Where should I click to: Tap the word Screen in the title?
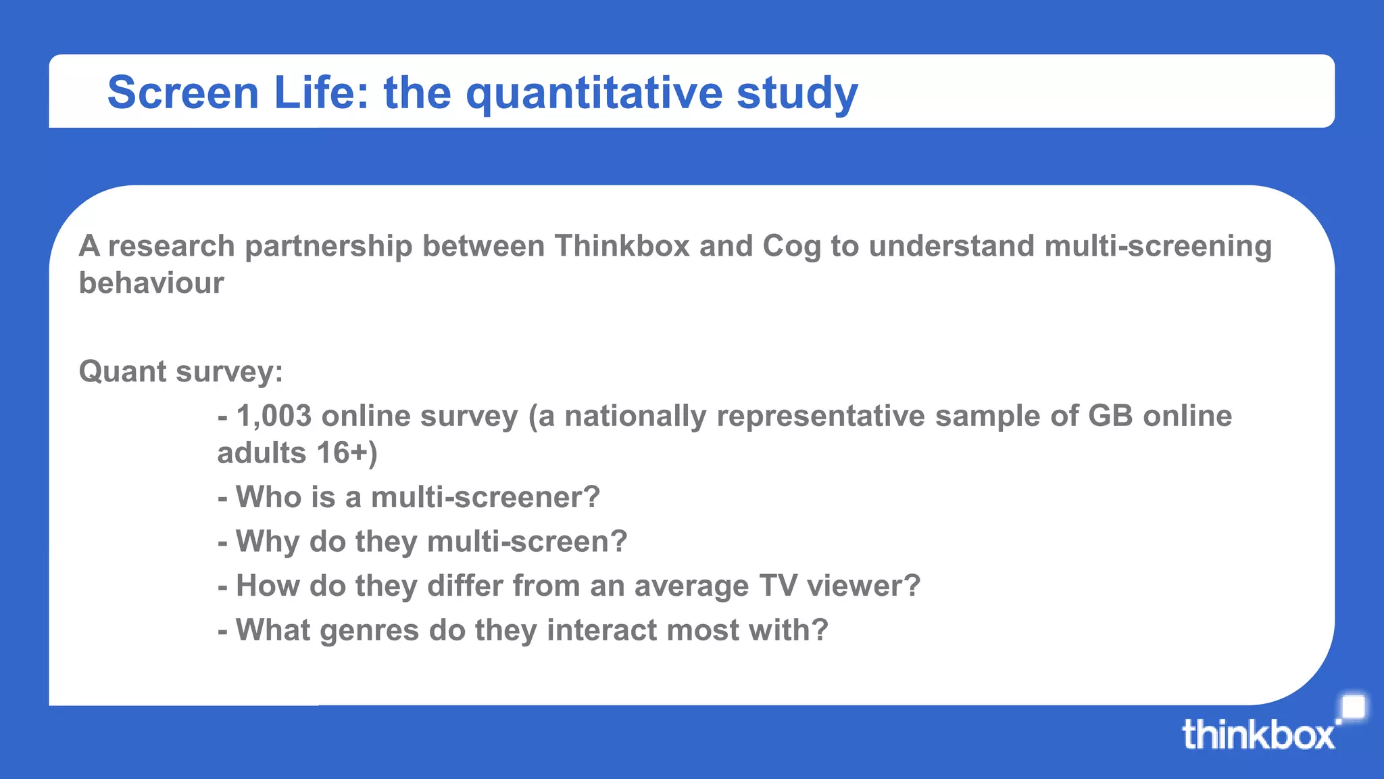tap(183, 93)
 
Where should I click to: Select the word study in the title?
tap(797, 93)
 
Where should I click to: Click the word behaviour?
tap(151, 283)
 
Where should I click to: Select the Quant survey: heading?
tap(180, 372)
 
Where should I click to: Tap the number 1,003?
tap(274, 417)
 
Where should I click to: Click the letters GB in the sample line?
tap(1110, 416)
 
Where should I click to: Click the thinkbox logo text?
tap(1258, 735)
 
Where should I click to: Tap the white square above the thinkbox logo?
tap(1352, 708)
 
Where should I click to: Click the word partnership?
tap(328, 247)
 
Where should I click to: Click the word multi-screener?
tap(485, 497)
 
